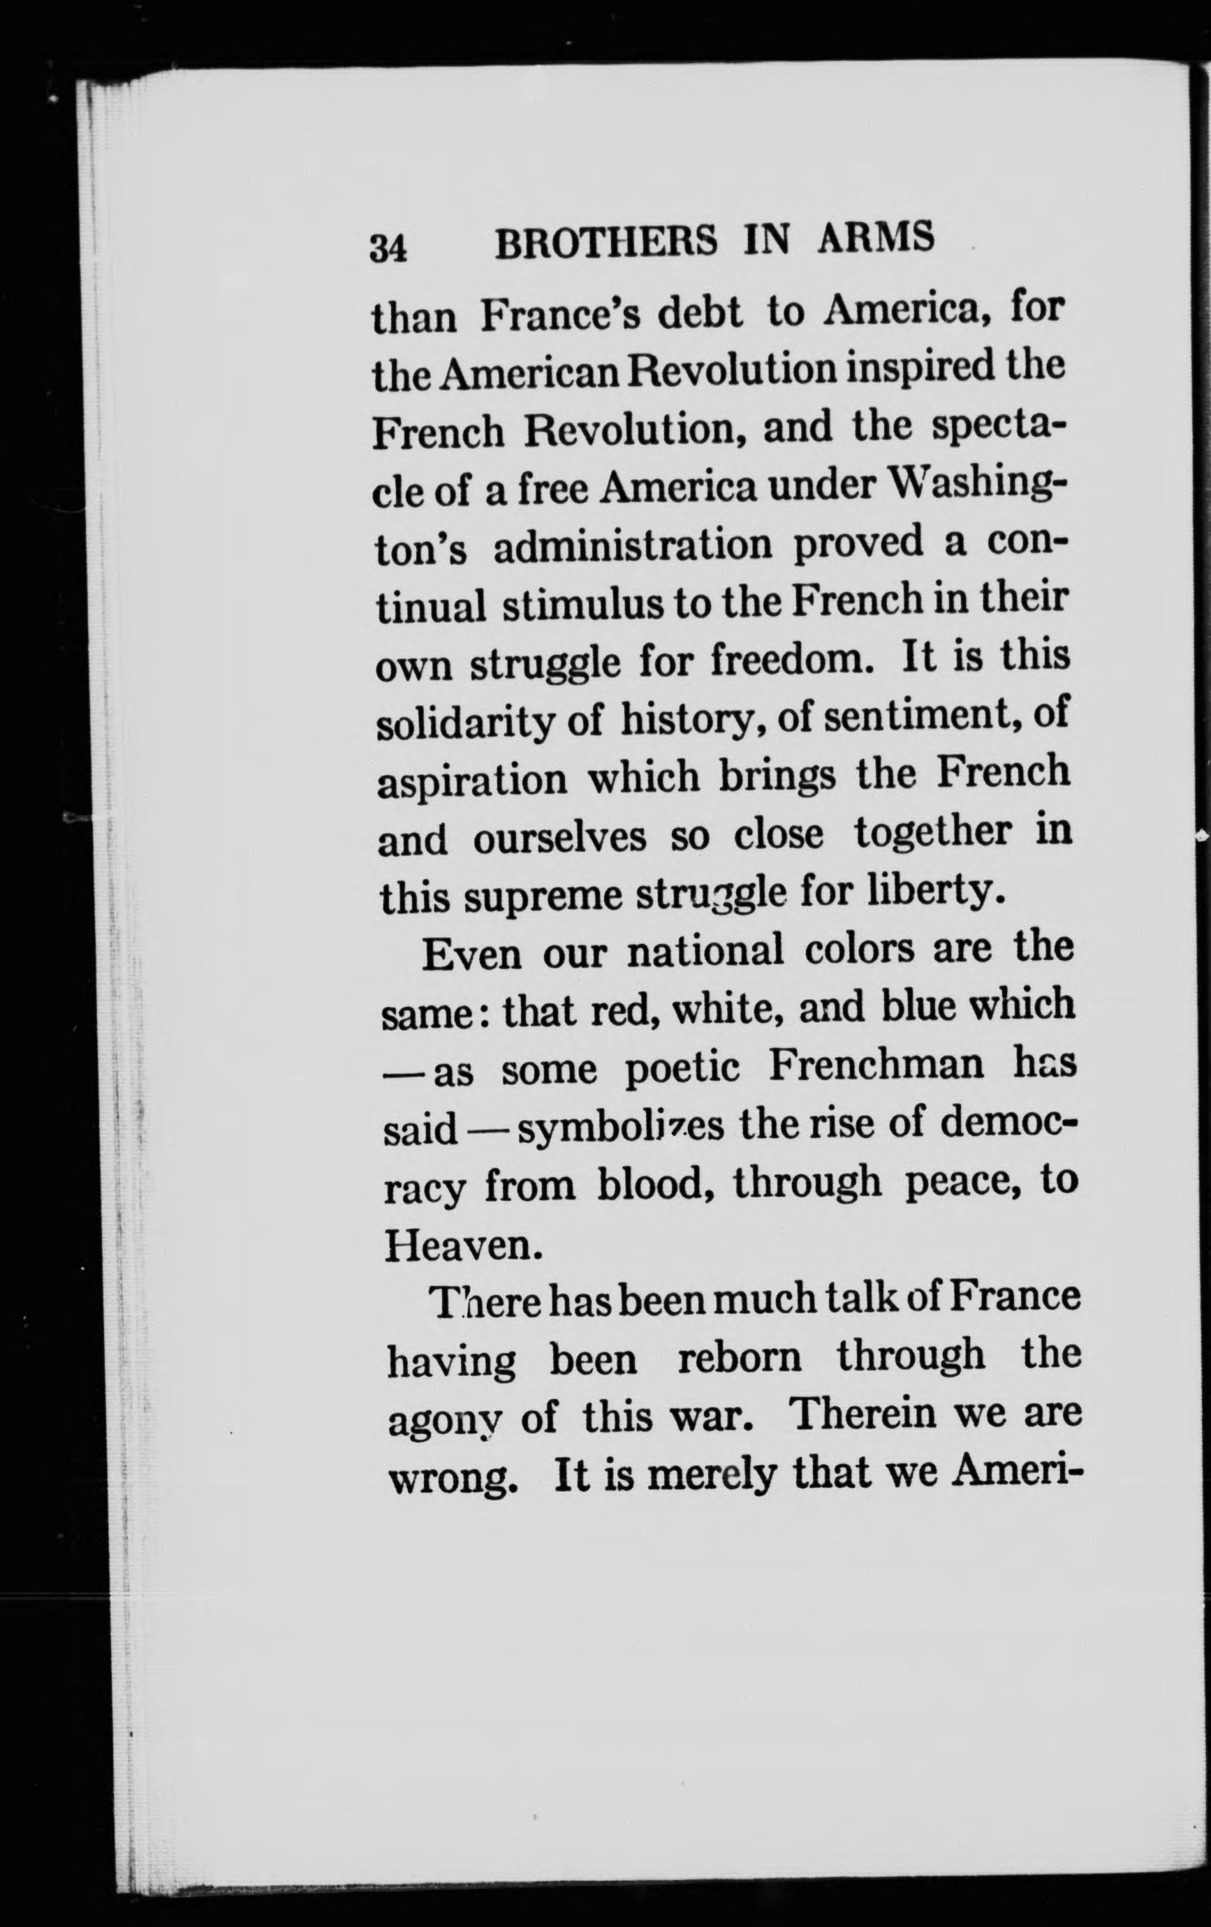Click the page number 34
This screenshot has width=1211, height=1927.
point(389,248)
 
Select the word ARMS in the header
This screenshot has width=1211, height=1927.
point(876,237)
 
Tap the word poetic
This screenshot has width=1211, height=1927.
point(681,1070)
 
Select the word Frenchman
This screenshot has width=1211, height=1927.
point(876,1065)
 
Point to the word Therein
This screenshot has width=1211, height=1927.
point(862,1415)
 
